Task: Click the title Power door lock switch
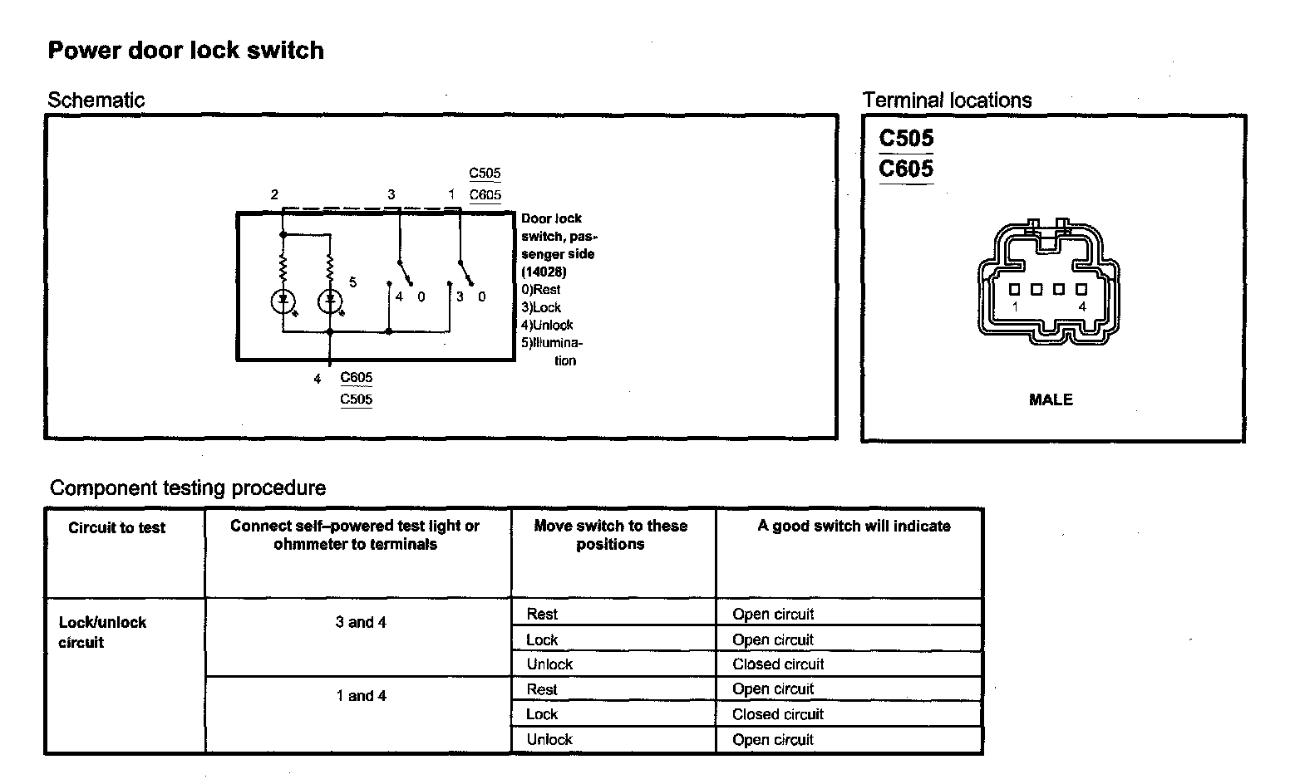(x=185, y=51)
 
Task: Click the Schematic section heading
(x=96, y=100)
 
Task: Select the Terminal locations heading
(x=947, y=100)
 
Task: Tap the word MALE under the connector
(x=1051, y=399)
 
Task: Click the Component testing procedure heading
(x=188, y=488)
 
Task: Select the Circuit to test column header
(x=117, y=527)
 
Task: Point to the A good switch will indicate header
(x=854, y=526)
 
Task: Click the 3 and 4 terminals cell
(x=361, y=622)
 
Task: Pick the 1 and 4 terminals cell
(x=361, y=696)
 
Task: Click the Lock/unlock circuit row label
(x=102, y=632)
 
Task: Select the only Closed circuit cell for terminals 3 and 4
(x=778, y=664)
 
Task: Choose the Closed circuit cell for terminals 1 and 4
(x=778, y=714)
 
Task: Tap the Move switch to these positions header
(x=611, y=535)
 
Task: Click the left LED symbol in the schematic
(x=283, y=301)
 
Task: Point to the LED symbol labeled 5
(x=330, y=301)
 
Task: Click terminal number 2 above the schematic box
(x=274, y=195)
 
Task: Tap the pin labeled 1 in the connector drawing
(x=1015, y=290)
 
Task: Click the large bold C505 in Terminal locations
(x=906, y=138)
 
